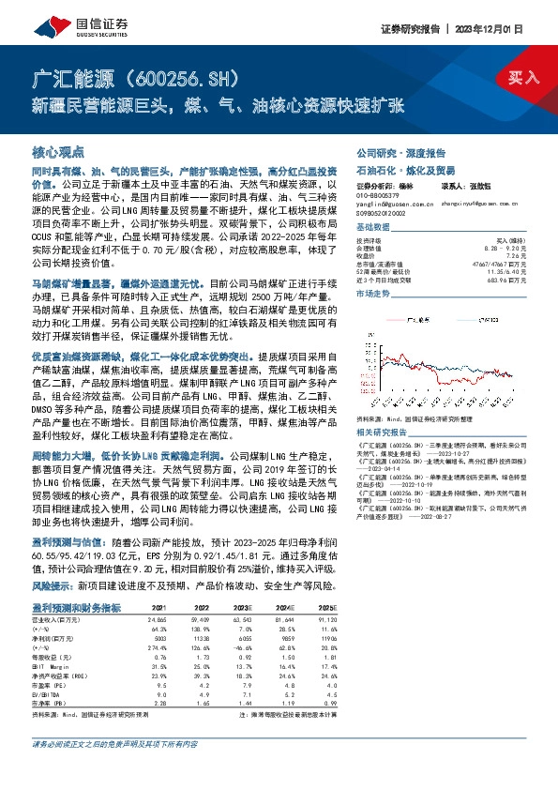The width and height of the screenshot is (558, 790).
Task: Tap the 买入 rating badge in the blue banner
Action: pyautogui.click(x=524, y=77)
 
